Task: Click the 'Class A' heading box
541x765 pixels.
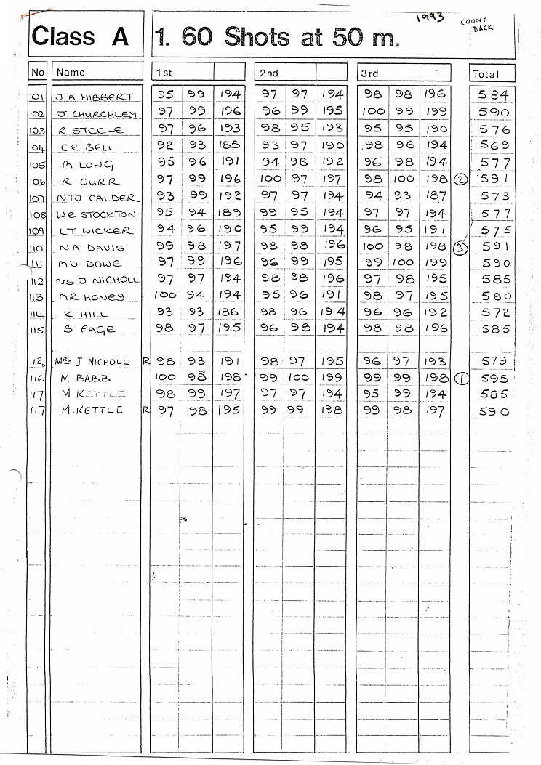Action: tap(80, 36)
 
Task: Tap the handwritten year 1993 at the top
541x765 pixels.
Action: tap(430, 17)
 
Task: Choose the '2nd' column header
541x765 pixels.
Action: tap(269, 73)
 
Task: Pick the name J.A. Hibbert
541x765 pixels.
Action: tap(95, 97)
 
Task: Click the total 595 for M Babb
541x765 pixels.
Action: tap(494, 379)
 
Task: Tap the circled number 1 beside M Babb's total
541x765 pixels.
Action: tap(461, 378)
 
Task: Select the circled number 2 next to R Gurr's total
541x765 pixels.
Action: tap(460, 179)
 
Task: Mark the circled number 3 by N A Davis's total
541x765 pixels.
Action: tap(460, 247)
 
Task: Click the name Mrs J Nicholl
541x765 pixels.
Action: tap(92, 361)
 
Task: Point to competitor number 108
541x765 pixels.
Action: tap(38, 214)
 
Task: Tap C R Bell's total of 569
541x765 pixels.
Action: tap(494, 145)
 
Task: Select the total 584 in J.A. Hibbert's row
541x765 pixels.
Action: tap(494, 95)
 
